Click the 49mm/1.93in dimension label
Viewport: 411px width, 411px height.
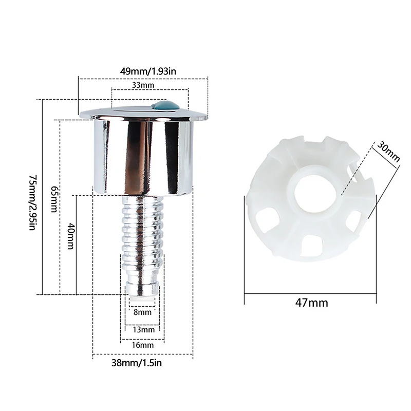click(143, 70)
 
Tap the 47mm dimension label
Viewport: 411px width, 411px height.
click(312, 303)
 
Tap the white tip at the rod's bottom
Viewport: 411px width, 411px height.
click(142, 293)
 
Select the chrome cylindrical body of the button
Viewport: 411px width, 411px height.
click(143, 154)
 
